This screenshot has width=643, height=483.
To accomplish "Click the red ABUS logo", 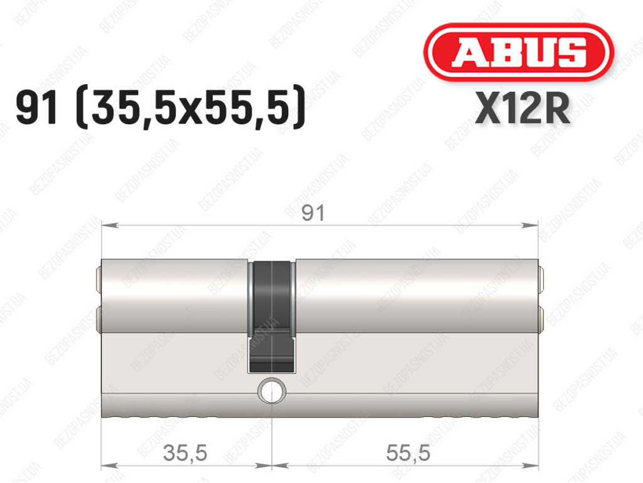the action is click(519, 52).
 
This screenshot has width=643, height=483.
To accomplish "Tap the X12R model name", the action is click(522, 108).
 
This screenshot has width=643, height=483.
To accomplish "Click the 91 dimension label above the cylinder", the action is click(313, 213).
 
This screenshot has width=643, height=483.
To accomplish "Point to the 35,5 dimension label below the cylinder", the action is click(185, 453).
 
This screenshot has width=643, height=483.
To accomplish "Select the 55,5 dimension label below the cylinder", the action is click(408, 453).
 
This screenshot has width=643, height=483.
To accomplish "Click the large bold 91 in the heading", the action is click(36, 108).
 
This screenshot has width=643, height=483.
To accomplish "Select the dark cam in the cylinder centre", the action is click(271, 316).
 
